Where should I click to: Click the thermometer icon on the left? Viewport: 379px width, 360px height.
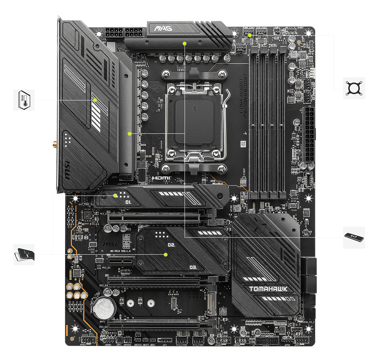[x=24, y=100]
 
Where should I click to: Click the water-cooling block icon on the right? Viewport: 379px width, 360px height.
[x=354, y=88]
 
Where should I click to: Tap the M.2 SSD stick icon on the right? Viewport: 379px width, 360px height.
[x=354, y=238]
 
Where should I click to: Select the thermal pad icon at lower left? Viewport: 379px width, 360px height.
[x=24, y=254]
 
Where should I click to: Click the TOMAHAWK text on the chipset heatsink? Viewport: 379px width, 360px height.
[x=268, y=289]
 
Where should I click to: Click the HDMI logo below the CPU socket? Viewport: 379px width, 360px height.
[x=161, y=177]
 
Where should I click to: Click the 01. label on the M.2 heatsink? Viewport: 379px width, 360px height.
[x=128, y=202]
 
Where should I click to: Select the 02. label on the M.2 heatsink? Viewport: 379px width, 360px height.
[x=171, y=245]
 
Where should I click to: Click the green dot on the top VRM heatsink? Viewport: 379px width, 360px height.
[x=185, y=43]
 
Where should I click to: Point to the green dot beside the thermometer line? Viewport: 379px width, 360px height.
[x=95, y=100]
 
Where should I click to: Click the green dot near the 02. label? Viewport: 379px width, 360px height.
[x=166, y=254]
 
